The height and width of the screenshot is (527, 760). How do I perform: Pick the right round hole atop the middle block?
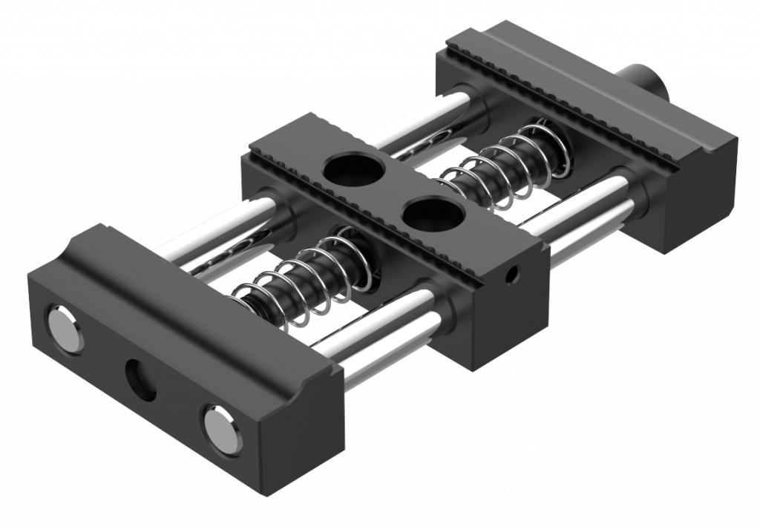[x=432, y=215]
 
